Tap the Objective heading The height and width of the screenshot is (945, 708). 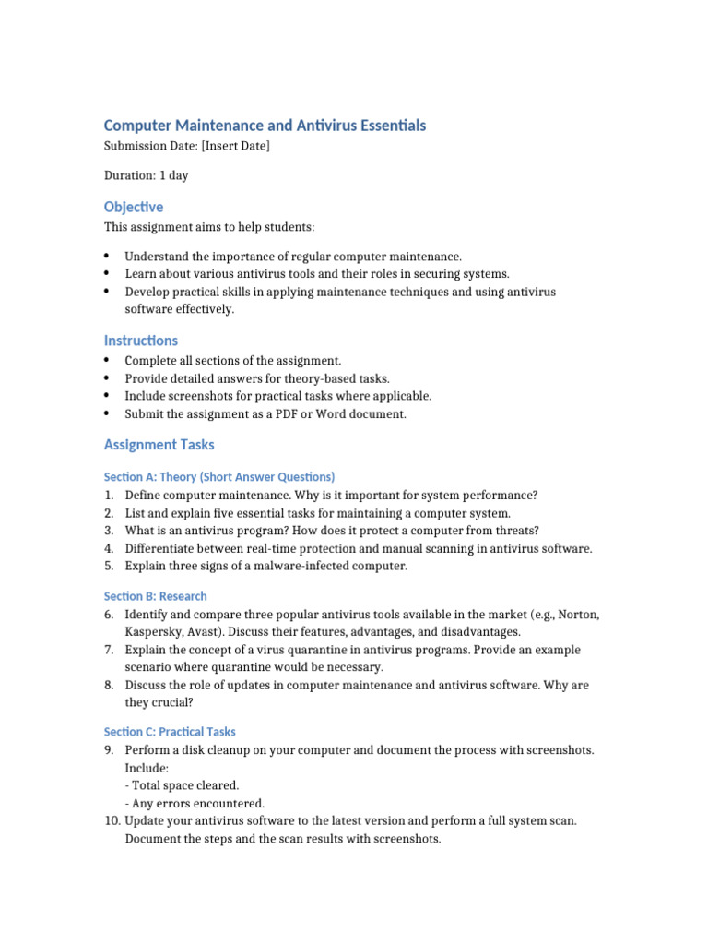[x=134, y=207]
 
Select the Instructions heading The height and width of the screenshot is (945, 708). [x=141, y=341]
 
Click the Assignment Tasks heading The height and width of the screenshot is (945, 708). [x=159, y=445]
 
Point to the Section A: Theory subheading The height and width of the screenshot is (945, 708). [x=219, y=477]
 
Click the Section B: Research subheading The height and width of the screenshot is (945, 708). [x=156, y=596]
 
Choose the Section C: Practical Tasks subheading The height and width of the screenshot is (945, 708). [x=171, y=732]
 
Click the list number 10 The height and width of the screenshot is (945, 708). [x=112, y=821]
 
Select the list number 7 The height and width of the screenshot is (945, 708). [x=109, y=650]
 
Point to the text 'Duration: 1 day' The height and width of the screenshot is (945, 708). [x=147, y=175]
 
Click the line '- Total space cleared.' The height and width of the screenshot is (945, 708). [x=182, y=785]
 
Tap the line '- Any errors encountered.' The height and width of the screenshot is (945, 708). [x=195, y=804]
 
